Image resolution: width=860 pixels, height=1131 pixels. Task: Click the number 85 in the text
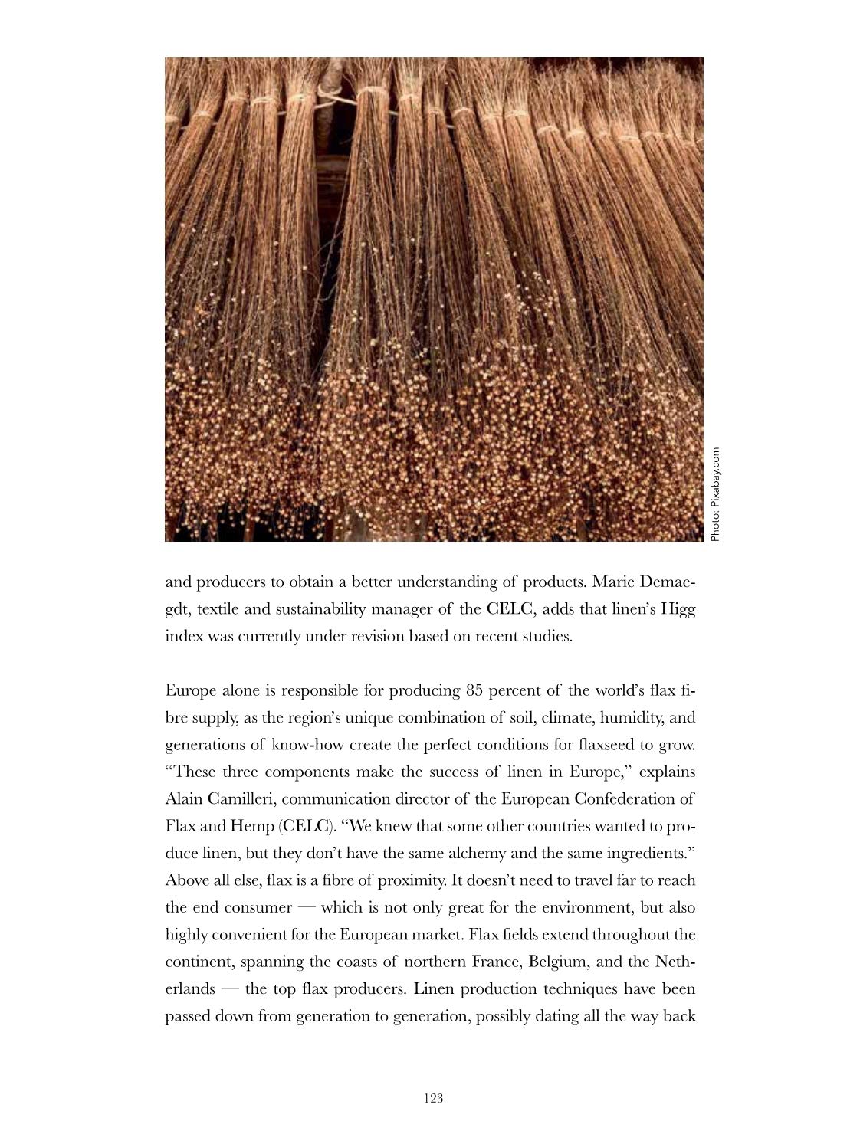tap(474, 690)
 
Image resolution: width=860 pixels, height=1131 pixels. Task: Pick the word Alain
tap(182, 799)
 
